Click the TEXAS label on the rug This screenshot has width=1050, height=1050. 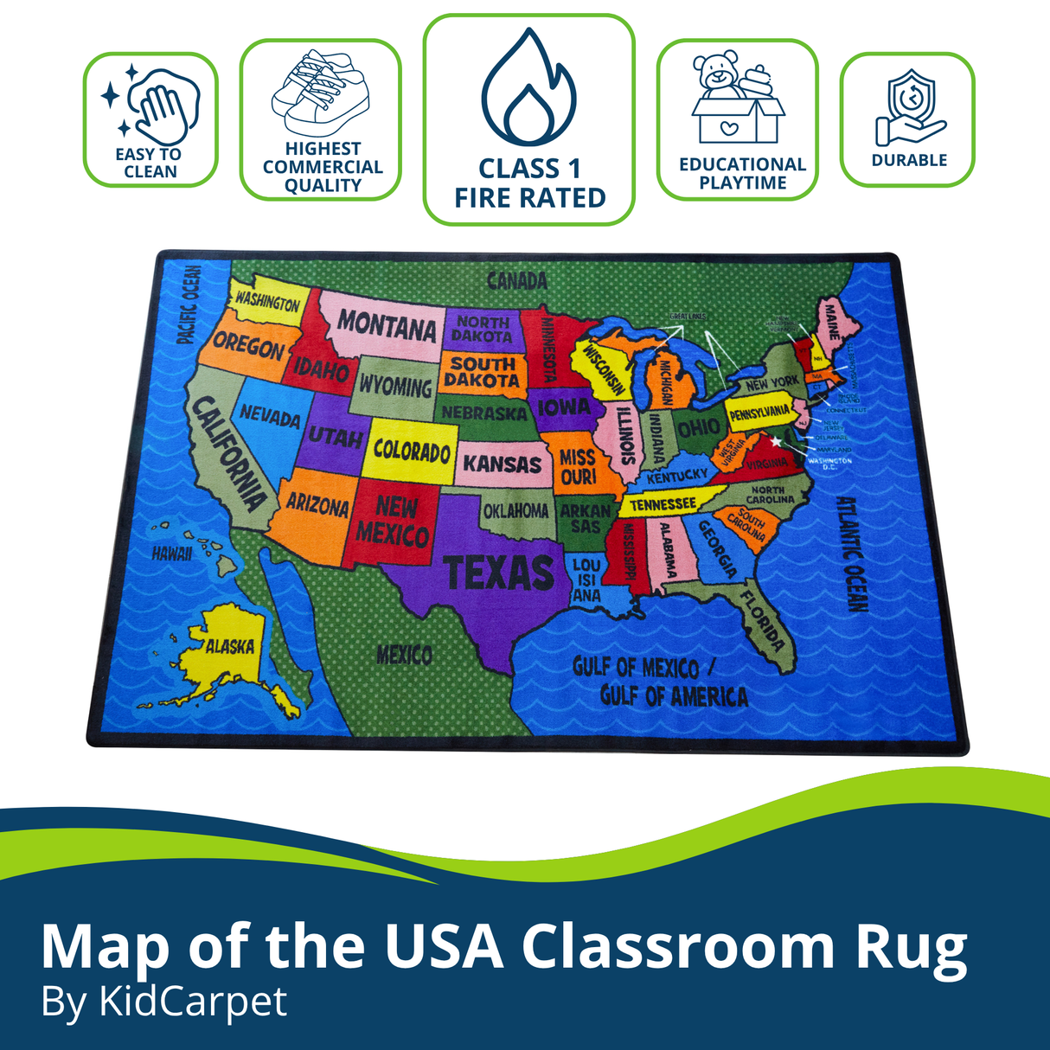point(499,572)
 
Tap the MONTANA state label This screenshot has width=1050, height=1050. point(387,326)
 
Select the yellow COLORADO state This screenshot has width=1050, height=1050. point(412,451)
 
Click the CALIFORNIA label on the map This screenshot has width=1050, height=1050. point(228,453)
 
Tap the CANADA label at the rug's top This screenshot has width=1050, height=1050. point(517,281)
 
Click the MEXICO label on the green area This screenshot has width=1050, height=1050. point(404,655)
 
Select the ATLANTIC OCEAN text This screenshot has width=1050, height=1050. point(851,554)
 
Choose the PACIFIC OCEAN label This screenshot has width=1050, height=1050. point(189,304)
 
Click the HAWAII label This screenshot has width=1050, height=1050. point(171,554)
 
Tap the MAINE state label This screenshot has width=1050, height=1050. point(831,320)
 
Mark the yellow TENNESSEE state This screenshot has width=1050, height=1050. point(663,503)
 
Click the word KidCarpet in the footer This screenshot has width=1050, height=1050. point(193,1002)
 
